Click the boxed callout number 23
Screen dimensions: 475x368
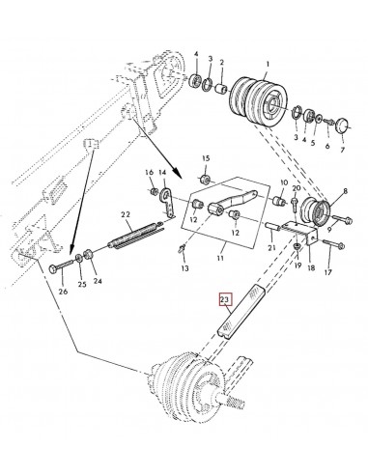click(x=225, y=299)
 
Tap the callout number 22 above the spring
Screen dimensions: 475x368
click(x=126, y=214)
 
